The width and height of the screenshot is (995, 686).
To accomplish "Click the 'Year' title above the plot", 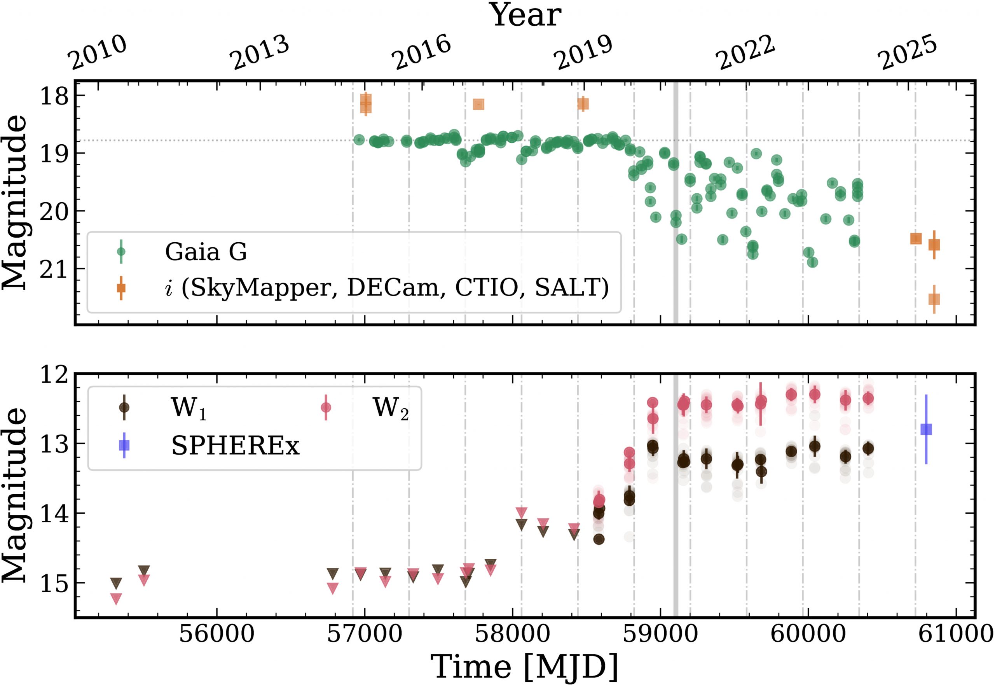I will (525, 16).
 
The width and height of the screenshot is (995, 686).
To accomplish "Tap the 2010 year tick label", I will (99, 53).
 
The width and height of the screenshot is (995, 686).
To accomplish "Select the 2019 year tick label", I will (584, 53).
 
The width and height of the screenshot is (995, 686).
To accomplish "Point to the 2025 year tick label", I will (908, 53).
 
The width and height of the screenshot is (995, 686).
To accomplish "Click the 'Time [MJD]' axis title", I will (525, 666).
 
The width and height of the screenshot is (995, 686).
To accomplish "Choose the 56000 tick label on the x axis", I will (216, 634).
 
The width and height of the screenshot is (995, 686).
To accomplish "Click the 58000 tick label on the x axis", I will (512, 634).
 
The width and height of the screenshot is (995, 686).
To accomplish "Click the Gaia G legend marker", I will (121, 252).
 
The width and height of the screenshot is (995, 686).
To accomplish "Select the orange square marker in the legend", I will (121, 287).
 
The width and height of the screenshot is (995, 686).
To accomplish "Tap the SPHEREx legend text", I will (235, 446).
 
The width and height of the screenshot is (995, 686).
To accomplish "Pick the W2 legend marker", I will (326, 407).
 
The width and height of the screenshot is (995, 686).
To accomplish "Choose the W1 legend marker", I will (124, 407).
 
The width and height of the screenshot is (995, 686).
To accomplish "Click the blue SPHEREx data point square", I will (926, 429).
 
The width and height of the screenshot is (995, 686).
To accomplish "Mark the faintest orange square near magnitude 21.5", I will (934, 299).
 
